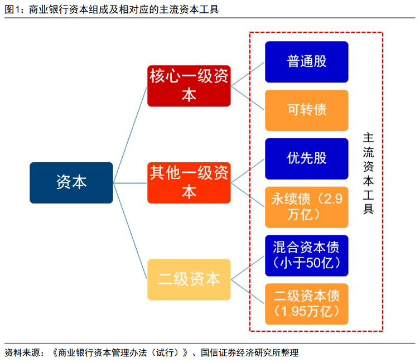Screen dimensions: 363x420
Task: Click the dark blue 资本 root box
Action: point(71,182)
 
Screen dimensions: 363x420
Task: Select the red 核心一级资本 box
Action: point(189,86)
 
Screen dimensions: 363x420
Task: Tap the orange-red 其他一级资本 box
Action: point(189,182)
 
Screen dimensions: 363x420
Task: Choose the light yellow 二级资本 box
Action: point(189,279)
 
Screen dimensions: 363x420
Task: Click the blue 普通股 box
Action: point(307,62)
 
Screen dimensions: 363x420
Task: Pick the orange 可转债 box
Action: point(307,110)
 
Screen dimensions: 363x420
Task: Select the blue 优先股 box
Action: point(307,158)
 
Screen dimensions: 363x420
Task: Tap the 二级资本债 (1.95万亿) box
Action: point(307,303)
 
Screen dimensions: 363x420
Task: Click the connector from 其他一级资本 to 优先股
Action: point(248,171)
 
